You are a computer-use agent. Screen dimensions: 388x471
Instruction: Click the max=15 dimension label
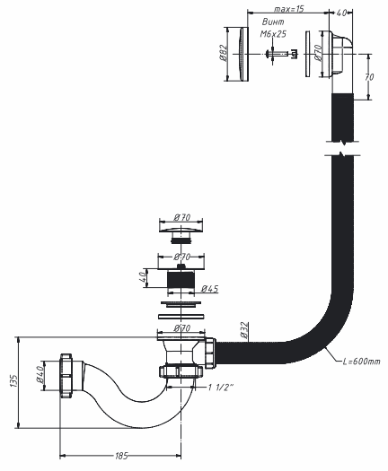(x=288, y=9)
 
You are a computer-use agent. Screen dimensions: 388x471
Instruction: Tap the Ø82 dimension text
(x=223, y=54)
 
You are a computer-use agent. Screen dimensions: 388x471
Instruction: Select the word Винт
(x=273, y=22)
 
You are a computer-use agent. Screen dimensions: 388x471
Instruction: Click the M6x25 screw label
(x=273, y=34)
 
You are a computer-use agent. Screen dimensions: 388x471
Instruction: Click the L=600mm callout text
(x=362, y=361)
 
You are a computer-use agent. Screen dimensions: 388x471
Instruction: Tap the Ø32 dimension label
(x=244, y=330)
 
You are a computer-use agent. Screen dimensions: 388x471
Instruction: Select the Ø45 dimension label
(x=210, y=289)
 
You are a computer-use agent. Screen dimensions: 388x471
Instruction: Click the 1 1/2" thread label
(x=221, y=388)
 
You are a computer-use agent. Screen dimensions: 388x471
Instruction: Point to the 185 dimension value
(x=121, y=456)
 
